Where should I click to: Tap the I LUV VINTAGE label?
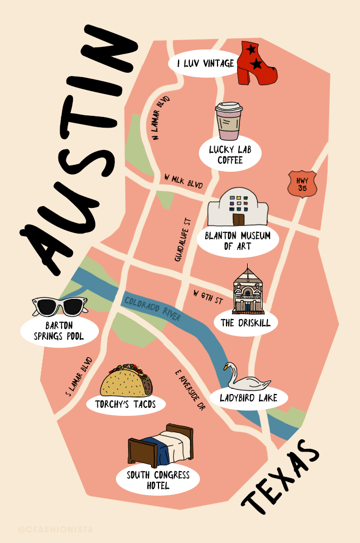pos(206,64)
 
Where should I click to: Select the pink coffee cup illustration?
pos(229,122)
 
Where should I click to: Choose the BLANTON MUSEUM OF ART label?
pos(238,241)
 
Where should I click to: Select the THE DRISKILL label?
pos(246,323)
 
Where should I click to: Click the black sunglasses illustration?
pos(60,306)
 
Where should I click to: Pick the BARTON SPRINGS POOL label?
pos(59,331)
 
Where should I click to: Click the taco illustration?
pos(126,380)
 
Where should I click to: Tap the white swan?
pos(246,379)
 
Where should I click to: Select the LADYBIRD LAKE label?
pos(248,398)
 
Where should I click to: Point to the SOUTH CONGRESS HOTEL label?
pos(158,480)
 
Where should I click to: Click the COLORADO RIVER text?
pos(153,308)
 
